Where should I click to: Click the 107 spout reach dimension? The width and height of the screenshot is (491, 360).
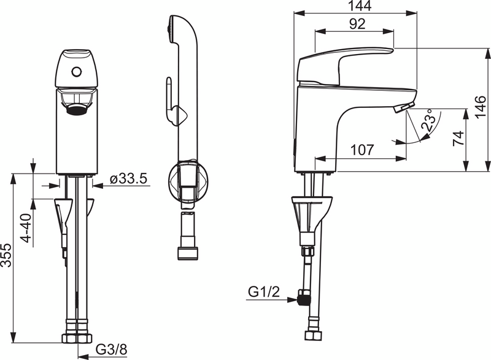362,149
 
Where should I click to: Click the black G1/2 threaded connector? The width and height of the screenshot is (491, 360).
301,298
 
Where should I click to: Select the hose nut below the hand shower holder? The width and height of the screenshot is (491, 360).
187,253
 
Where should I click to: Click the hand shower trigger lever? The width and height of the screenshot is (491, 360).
168,98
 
